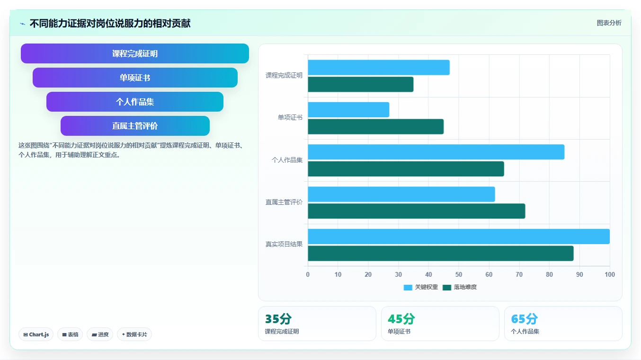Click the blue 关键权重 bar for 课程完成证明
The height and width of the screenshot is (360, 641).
379,68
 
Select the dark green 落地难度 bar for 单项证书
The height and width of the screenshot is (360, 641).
376,127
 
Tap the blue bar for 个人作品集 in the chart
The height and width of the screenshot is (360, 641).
436,152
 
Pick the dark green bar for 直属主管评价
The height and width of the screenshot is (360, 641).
416,211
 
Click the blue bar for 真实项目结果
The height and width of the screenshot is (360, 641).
459,237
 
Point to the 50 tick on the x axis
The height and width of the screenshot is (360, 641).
459,274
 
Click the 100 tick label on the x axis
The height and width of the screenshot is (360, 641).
610,274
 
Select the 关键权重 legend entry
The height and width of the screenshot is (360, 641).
421,287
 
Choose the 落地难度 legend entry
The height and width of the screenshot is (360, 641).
460,287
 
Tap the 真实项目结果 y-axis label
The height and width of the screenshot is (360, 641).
284,244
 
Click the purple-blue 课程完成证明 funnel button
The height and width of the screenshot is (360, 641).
135,53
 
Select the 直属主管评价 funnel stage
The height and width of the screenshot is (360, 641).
135,126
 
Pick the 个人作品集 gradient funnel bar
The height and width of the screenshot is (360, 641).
135,102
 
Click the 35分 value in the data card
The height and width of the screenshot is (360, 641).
278,319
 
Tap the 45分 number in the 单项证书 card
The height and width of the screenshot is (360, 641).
401,319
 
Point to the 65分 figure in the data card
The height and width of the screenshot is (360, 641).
524,319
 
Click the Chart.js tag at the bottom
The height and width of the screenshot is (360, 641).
36,334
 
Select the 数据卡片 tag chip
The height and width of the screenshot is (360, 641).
134,334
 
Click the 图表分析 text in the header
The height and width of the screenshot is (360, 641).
609,23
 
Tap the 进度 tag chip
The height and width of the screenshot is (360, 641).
100,334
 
